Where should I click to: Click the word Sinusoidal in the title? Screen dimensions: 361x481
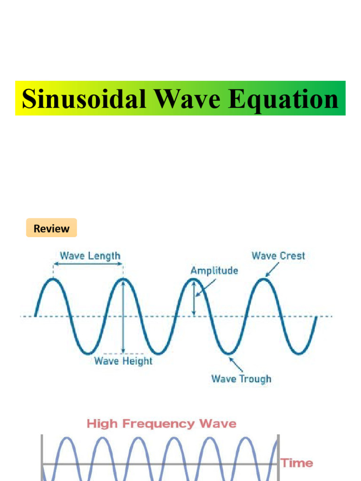(x=84, y=99)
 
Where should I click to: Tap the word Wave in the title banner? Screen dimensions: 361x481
(x=187, y=99)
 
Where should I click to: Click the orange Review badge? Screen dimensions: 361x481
(x=52, y=228)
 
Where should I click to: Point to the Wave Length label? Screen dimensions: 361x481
(x=90, y=256)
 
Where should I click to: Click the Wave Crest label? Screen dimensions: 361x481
(x=278, y=256)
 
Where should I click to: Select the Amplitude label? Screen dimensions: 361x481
(x=214, y=271)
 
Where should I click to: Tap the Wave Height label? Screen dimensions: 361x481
(x=123, y=361)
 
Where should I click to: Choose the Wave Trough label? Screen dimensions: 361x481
(x=241, y=379)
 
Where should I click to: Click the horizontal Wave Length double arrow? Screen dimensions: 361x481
(x=88, y=264)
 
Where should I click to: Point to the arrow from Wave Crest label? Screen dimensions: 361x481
(x=272, y=270)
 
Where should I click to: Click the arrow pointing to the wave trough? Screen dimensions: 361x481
(x=236, y=365)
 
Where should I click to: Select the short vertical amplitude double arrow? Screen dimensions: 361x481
(x=194, y=298)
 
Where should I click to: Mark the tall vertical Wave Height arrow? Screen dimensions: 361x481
(x=123, y=317)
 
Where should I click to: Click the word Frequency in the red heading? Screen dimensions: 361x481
(x=158, y=424)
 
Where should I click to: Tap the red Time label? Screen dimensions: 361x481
(x=297, y=463)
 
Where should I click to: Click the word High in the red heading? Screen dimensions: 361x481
(x=102, y=424)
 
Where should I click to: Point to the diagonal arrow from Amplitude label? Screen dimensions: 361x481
(x=206, y=287)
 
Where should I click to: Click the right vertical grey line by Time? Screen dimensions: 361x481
(x=278, y=458)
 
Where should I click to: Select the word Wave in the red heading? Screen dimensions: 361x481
(x=218, y=424)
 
